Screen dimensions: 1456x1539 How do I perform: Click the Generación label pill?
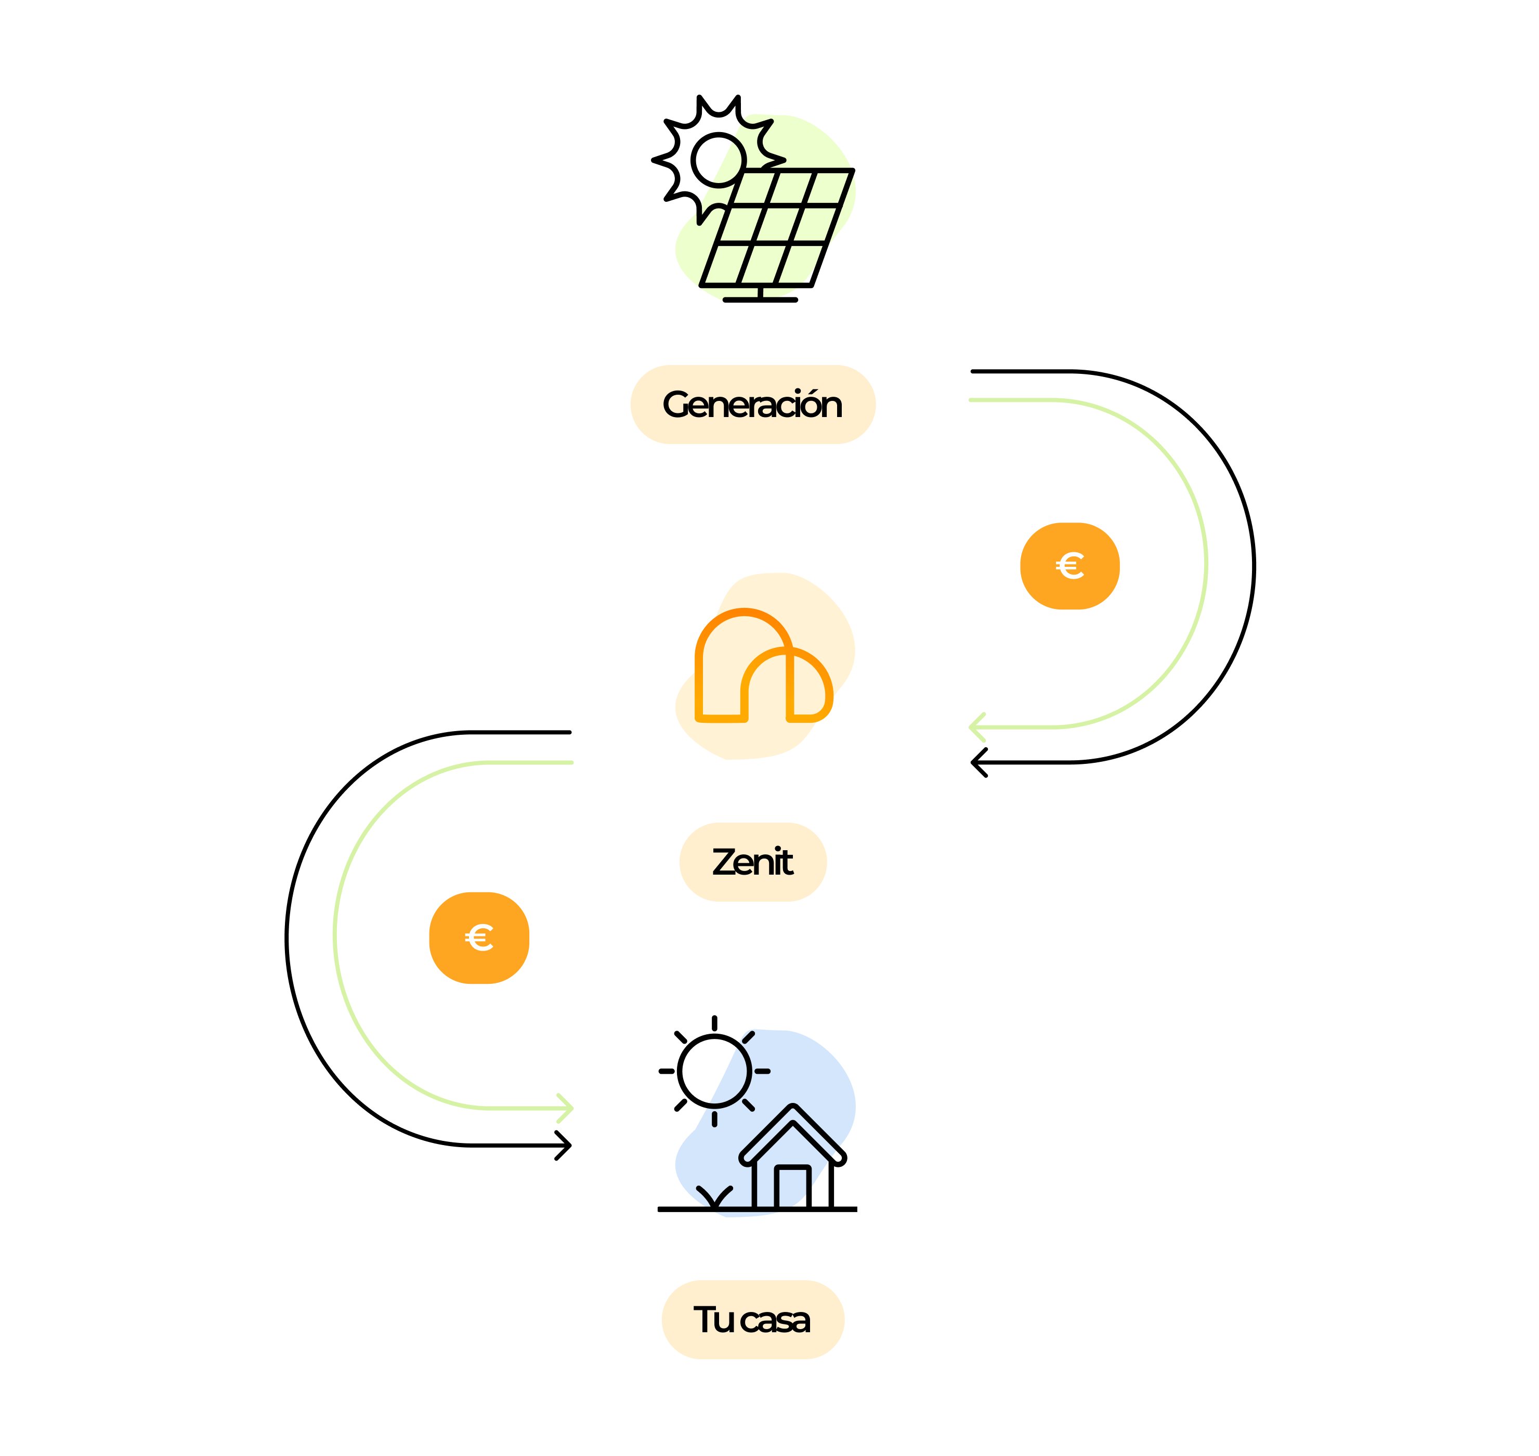click(x=752, y=405)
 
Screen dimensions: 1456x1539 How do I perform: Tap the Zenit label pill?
click(x=752, y=862)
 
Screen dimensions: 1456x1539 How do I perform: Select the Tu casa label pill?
click(x=752, y=1319)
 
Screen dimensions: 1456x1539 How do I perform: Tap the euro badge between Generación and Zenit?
click(x=1070, y=566)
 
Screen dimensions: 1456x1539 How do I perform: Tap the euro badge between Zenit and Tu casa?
click(x=479, y=938)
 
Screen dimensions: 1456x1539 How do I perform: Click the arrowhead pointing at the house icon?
click(x=567, y=1108)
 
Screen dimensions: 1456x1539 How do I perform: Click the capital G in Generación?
click(x=677, y=405)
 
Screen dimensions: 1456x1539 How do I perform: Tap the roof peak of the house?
click(x=792, y=1108)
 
